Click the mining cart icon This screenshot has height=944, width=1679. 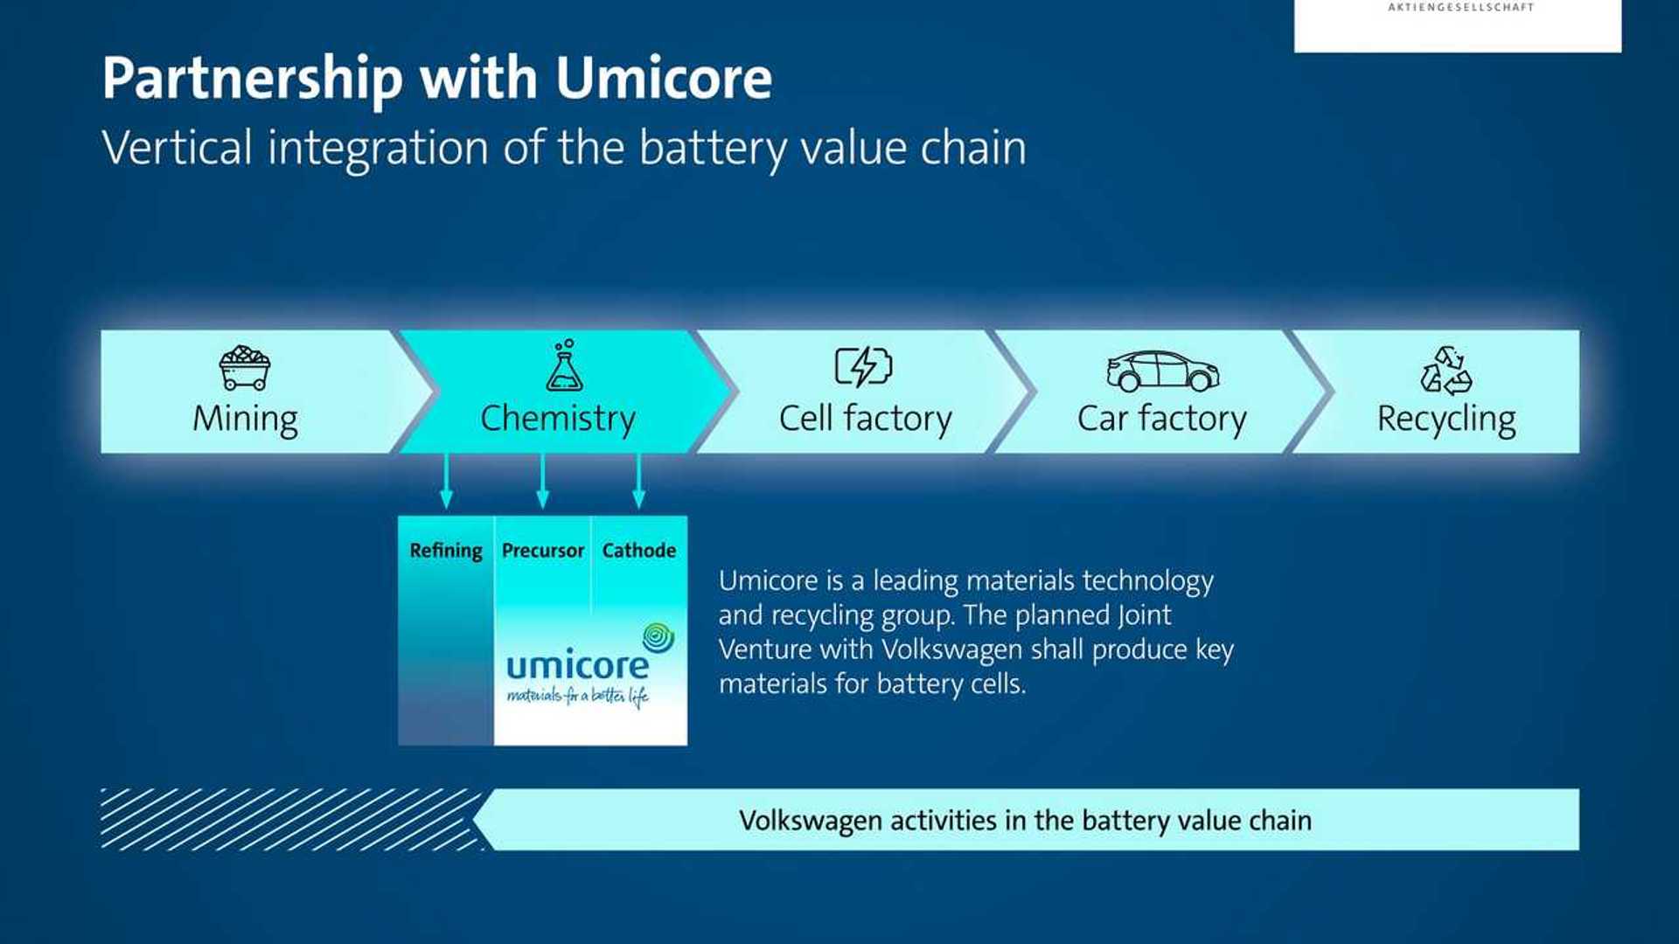pyautogui.click(x=245, y=368)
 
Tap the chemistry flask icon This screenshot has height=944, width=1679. pyautogui.click(x=564, y=366)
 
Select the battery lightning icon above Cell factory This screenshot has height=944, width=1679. pyautogui.click(x=863, y=366)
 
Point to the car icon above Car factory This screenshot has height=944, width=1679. pyautogui.click(x=1162, y=371)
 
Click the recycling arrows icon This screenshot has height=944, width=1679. pyautogui.click(x=1446, y=371)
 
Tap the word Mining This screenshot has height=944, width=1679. pyautogui.click(x=245, y=419)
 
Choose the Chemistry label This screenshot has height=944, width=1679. pyautogui.click(x=558, y=419)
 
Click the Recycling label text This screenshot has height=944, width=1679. pyautogui.click(x=1446, y=420)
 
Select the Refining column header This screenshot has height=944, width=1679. pyautogui.click(x=446, y=551)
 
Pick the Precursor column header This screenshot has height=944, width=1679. pyautogui.click(x=542, y=551)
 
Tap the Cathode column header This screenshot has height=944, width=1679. pyautogui.click(x=638, y=551)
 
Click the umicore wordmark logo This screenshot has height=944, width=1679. pyautogui.click(x=577, y=667)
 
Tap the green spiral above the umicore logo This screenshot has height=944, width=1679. pyautogui.click(x=658, y=638)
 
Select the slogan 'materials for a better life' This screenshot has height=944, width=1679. pyautogui.click(x=577, y=697)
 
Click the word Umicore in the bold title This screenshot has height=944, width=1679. pyautogui.click(x=664, y=79)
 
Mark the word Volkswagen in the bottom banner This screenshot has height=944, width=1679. pyautogui.click(x=809, y=821)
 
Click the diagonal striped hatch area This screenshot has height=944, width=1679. pyautogui.click(x=289, y=819)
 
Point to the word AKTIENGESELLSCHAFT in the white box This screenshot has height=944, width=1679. pyautogui.click(x=1460, y=7)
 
